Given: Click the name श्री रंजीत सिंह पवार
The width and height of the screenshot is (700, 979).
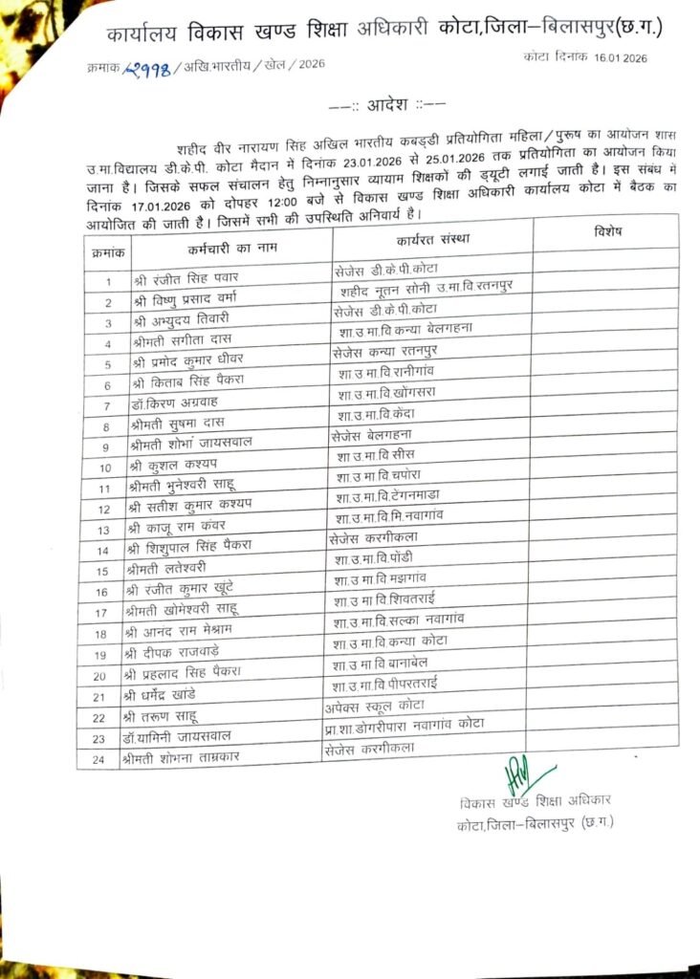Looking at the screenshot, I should (x=192, y=278).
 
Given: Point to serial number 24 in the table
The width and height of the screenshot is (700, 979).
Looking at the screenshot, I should (x=98, y=759).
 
